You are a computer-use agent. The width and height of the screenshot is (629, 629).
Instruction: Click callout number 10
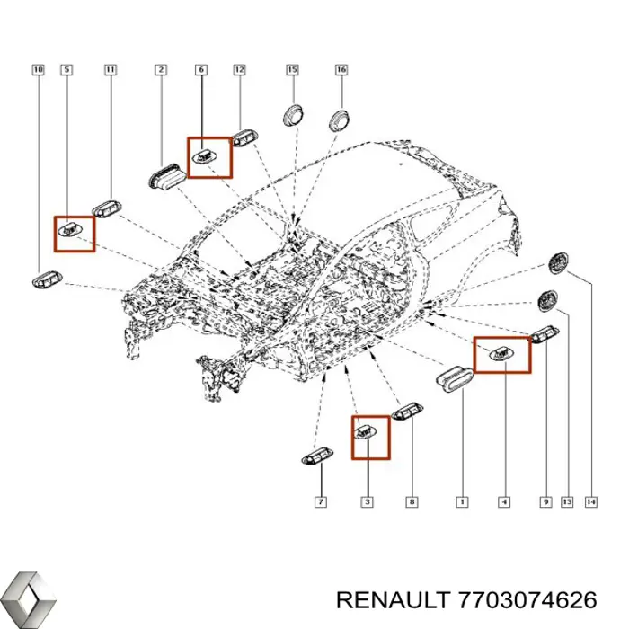tap(37, 69)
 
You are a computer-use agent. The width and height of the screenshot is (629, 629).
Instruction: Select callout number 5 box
tap(67, 69)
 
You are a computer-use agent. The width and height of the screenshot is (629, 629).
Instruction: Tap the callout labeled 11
tap(109, 69)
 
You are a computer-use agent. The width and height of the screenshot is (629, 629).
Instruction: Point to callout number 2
tap(160, 69)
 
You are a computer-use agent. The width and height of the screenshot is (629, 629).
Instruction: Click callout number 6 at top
tap(200, 69)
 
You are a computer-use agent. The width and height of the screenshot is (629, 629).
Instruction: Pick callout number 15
tap(292, 69)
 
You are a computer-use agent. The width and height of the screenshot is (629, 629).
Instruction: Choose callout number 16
tap(341, 69)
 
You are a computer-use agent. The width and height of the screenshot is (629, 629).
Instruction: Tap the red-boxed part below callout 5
tap(72, 232)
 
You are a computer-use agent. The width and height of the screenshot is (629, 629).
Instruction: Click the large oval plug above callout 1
tap(456, 378)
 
